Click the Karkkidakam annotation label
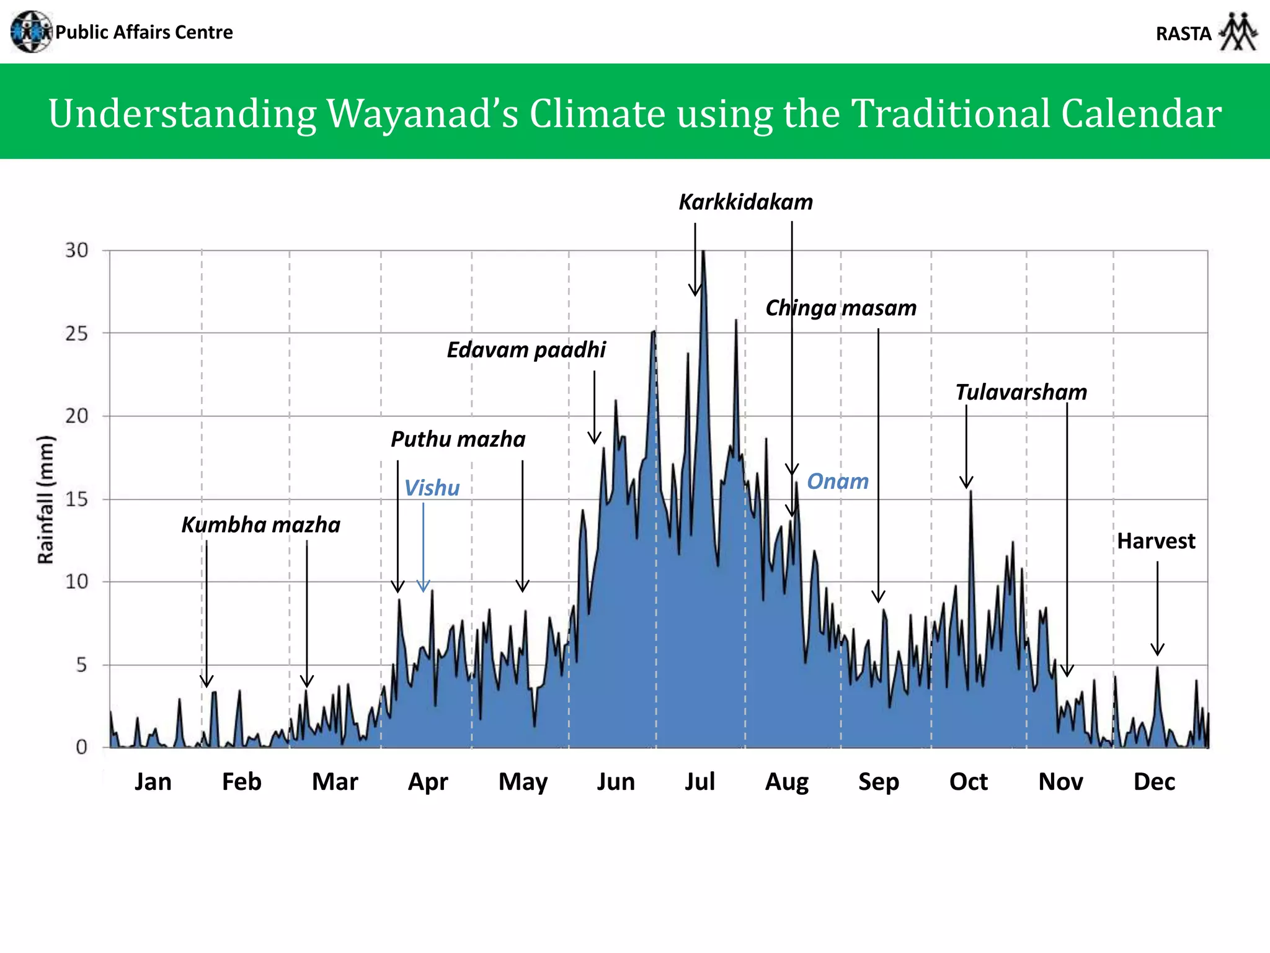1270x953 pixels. pos(745,202)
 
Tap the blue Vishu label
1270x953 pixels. pos(432,488)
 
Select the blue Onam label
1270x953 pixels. pos(837,481)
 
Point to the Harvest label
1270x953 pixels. pos(1156,541)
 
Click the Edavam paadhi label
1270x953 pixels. pos(526,350)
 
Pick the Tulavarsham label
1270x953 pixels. pos(1021,392)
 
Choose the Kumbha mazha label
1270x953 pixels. pos(260,525)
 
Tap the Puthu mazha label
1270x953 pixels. pos(458,439)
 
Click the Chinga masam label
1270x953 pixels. pos(841,308)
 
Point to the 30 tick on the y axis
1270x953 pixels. pos(77,251)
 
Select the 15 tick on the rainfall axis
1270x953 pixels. pos(77,499)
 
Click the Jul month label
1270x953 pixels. pos(699,782)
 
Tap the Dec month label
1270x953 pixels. pos(1154,782)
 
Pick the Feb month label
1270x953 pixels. pos(242,782)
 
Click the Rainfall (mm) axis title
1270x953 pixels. pos(46,499)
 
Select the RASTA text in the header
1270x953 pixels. pos(1183,34)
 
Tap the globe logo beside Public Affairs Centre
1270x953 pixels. pos(31,32)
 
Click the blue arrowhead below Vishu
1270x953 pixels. pos(424,586)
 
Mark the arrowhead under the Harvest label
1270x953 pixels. pos(1157,650)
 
